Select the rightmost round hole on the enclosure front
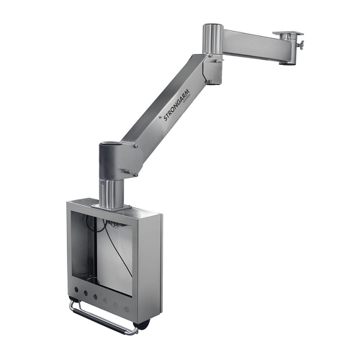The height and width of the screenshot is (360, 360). (x=127, y=310)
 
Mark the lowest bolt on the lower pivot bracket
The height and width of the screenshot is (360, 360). (x=127, y=173)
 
